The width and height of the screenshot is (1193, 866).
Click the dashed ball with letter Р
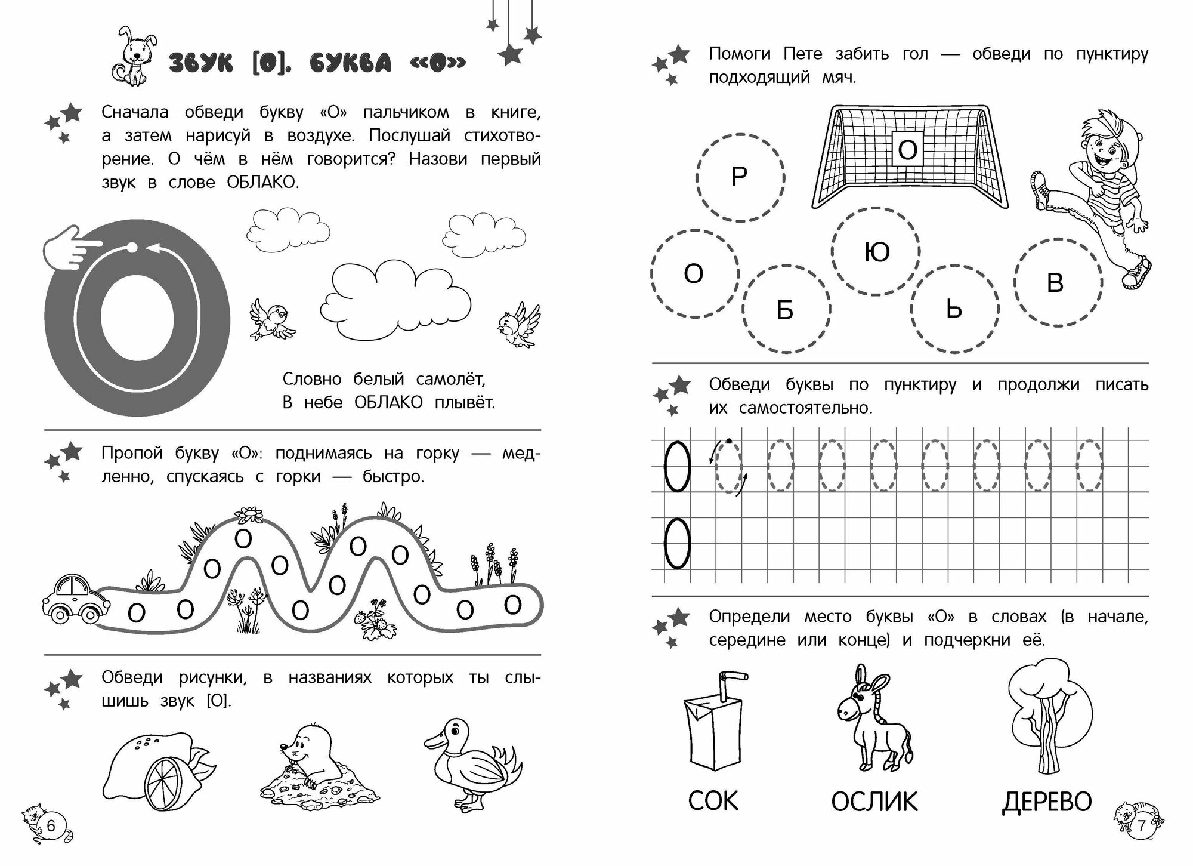tap(740, 177)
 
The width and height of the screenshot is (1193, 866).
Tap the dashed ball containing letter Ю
tap(876, 252)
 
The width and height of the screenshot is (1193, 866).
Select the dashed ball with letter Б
tap(786, 310)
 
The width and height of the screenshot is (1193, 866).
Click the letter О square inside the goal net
tap(907, 150)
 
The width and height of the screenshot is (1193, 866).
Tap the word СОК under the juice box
tap(713, 801)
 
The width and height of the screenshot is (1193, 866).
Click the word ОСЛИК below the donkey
tap(874, 802)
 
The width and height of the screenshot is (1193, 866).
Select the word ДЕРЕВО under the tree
tap(1047, 802)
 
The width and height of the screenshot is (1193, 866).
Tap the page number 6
tap(51, 826)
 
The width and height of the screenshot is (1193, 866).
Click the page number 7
tap(1142, 826)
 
